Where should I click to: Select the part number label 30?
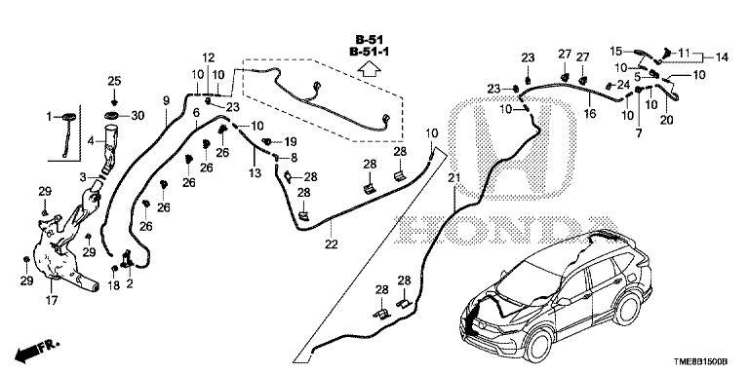(x=138, y=116)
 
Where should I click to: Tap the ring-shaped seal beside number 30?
(x=113, y=116)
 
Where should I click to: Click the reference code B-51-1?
(x=369, y=52)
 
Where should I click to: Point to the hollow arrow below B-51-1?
(x=370, y=70)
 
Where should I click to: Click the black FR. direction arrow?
(x=27, y=354)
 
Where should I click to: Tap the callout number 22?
(x=331, y=244)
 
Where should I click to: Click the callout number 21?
(x=453, y=178)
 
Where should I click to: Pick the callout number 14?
(x=722, y=57)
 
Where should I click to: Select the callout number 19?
(x=291, y=141)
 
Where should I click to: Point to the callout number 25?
(x=114, y=81)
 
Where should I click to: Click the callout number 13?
(x=256, y=172)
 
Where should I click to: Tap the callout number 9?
(x=166, y=100)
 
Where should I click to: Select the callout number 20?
(x=666, y=120)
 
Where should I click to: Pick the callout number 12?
(x=209, y=57)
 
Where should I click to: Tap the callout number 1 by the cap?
(x=48, y=116)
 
